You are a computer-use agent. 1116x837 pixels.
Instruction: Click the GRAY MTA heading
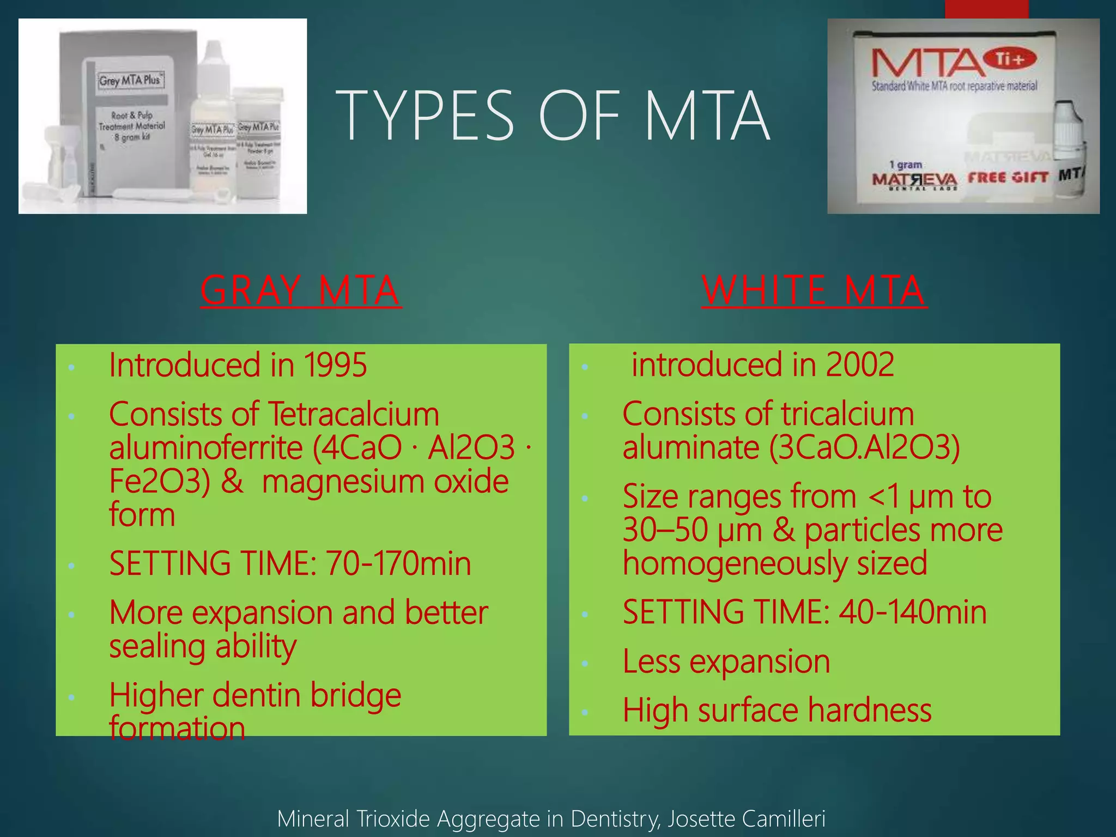coord(301,290)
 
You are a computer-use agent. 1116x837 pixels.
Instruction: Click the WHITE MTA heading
coord(814,290)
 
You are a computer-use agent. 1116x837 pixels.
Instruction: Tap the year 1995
coord(335,365)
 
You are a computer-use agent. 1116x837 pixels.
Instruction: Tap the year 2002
coord(859,365)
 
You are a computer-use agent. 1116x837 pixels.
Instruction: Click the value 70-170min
coord(398,563)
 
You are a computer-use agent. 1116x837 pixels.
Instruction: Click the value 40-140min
coord(912,612)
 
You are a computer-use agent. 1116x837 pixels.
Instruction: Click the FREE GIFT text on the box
coord(1008,178)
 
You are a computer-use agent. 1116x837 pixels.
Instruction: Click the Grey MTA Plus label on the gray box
coord(130,80)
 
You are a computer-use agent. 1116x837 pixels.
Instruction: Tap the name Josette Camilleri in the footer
coord(746,819)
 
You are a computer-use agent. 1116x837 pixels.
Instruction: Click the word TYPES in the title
coord(425,116)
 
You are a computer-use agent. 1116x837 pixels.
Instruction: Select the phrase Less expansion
coord(726,662)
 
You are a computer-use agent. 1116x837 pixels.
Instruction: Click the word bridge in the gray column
coord(355,696)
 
